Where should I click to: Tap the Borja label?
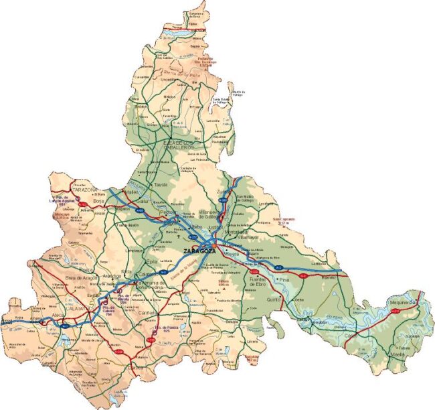100,200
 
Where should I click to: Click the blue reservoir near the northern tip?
181,31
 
